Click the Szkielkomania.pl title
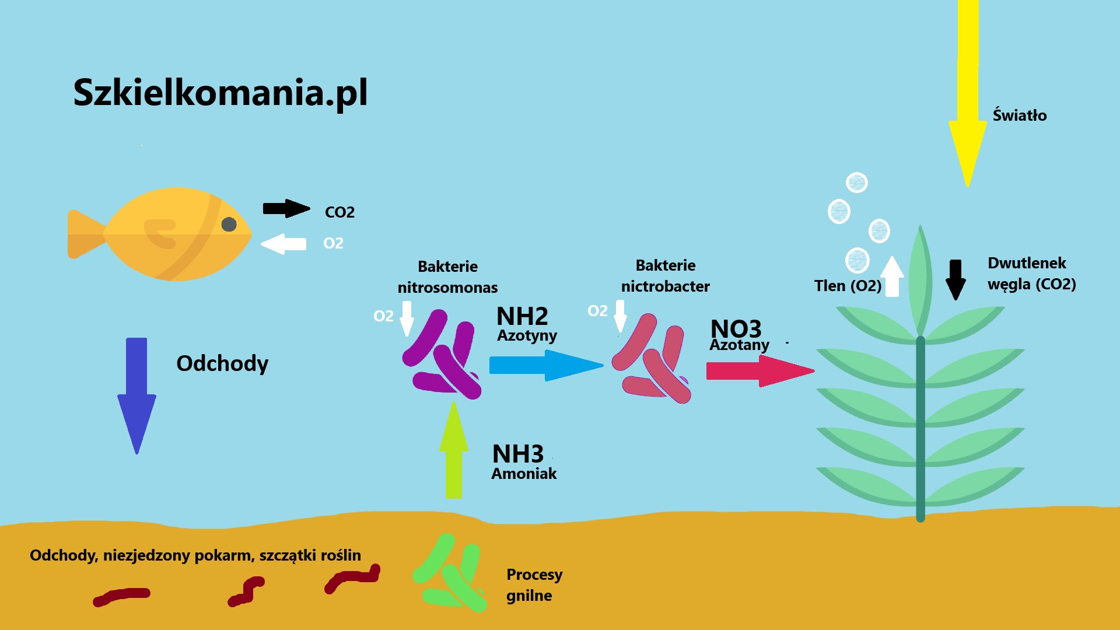220,93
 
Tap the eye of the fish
229,225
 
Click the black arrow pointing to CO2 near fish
285,208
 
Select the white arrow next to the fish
283,244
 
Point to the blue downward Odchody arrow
136,391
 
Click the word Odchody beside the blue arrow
222,363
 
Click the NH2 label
522,317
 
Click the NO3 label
736,328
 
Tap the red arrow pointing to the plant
758,370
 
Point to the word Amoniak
524,474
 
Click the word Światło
1020,116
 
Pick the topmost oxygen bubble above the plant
856,183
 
